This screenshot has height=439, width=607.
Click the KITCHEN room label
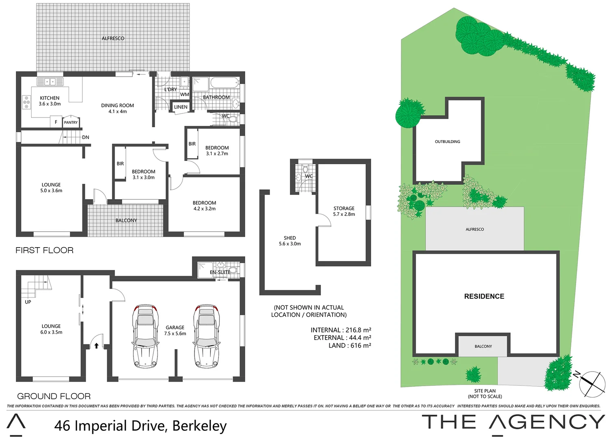click(x=50, y=98)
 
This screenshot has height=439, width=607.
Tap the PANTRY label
click(x=71, y=122)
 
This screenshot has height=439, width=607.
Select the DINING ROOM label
click(x=117, y=106)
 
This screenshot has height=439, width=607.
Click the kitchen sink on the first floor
click(x=50, y=82)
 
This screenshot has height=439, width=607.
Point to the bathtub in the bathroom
click(x=224, y=83)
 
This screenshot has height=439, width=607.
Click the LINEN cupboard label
click(x=181, y=107)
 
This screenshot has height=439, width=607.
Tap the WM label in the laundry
click(x=185, y=94)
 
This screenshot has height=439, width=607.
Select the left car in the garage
click(x=145, y=337)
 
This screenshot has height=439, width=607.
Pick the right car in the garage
click(x=207, y=337)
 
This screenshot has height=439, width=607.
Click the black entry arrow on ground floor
click(x=96, y=346)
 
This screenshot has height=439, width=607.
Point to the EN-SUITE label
click(x=220, y=272)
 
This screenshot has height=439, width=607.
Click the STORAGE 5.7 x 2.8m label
click(x=344, y=211)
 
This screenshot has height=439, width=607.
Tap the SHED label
click(x=290, y=238)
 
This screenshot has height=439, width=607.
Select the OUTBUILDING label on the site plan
click(x=447, y=142)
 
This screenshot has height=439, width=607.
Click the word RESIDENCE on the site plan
click(x=484, y=296)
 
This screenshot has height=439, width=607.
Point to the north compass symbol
click(x=591, y=383)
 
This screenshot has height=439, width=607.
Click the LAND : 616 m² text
click(x=350, y=346)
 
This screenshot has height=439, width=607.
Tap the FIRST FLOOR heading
click(x=45, y=250)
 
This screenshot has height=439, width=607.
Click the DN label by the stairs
click(x=86, y=137)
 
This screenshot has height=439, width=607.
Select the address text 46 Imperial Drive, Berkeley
click(x=140, y=426)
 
